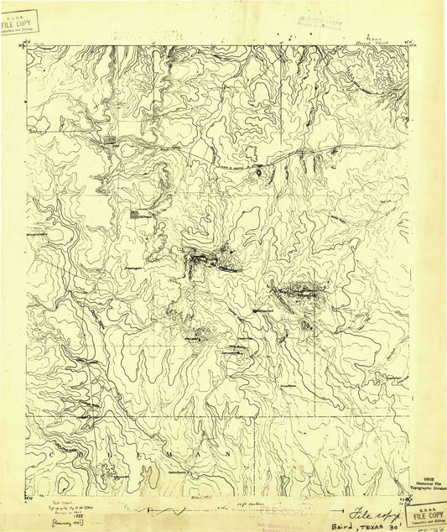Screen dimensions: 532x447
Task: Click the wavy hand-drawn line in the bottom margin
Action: coord(176,511)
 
